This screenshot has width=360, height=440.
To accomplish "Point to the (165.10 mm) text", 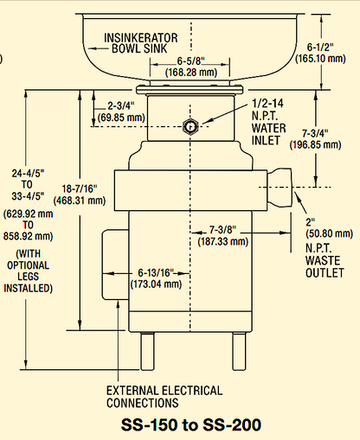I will point(334,59).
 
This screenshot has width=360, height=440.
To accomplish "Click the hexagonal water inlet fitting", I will point(190,126).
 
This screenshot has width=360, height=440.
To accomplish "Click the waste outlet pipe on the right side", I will point(281,183).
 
